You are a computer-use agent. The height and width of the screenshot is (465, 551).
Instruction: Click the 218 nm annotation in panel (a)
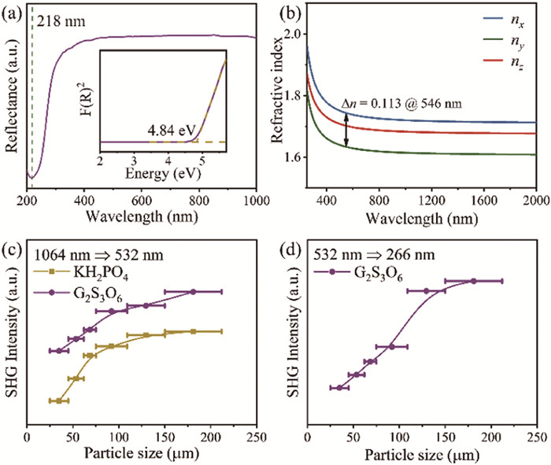pyautogui.click(x=58, y=15)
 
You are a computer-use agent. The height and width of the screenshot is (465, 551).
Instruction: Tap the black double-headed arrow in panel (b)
pyautogui.click(x=347, y=128)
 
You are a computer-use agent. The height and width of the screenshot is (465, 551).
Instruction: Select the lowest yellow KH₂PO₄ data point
pyautogui.click(x=59, y=400)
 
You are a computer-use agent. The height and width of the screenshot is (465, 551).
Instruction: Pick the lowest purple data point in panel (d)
pyautogui.click(x=339, y=387)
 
